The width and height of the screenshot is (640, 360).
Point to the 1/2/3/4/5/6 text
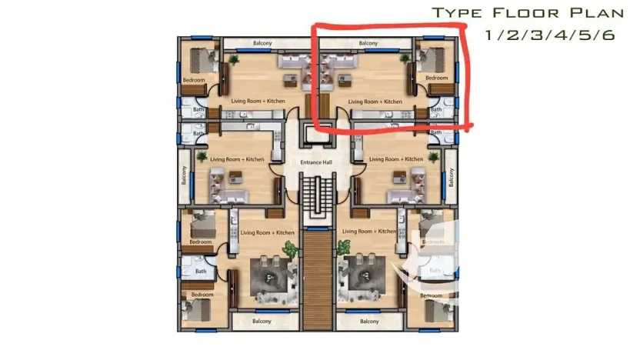[x=550, y=35]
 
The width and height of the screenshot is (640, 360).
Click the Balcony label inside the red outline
[x=368, y=43]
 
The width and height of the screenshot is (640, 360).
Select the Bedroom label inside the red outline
[x=436, y=78]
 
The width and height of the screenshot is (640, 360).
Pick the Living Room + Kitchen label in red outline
[x=375, y=102]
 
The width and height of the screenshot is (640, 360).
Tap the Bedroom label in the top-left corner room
[x=193, y=80]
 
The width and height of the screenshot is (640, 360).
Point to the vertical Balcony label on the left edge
[x=184, y=176]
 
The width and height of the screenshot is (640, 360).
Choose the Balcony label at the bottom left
[x=262, y=321]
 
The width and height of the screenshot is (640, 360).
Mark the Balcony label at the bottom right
[x=368, y=321]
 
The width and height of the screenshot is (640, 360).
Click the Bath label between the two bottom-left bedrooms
[x=201, y=271]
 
